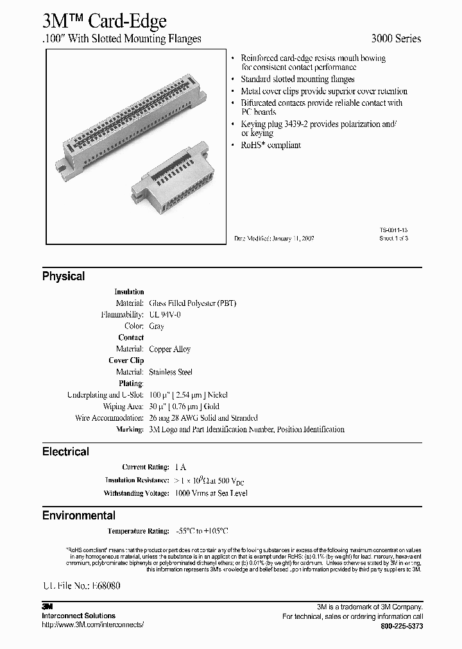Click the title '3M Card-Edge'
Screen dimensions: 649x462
(105, 21)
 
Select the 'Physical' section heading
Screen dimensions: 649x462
(64, 276)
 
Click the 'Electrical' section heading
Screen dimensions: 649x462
(65, 451)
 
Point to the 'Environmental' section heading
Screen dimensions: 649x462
(79, 516)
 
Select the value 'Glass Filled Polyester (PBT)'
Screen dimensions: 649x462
(193, 303)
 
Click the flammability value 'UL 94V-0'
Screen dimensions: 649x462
(166, 315)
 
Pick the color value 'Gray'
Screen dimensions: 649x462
(157, 326)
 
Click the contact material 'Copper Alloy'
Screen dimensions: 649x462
(169, 350)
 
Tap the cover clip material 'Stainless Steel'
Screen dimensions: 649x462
(171, 373)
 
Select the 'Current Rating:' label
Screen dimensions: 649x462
(146, 468)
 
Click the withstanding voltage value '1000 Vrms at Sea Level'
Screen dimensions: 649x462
(210, 493)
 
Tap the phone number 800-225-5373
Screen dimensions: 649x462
(402, 626)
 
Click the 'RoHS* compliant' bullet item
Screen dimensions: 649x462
(271, 146)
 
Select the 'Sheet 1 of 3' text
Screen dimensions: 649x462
(393, 238)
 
